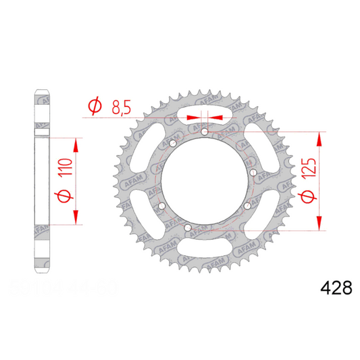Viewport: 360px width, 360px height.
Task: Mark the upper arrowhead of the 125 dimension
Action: coord(318,138)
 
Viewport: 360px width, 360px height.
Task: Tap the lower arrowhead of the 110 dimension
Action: coord(76,217)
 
